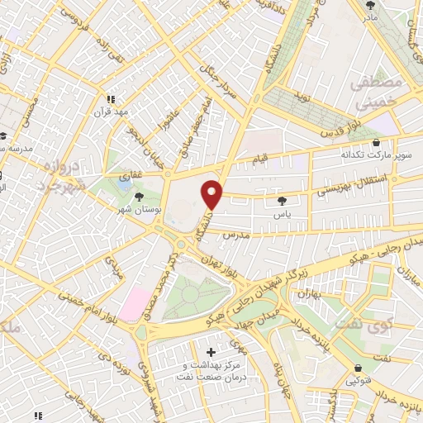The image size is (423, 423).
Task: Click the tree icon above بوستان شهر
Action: click(x=139, y=197)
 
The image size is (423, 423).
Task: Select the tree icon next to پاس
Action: click(x=283, y=200)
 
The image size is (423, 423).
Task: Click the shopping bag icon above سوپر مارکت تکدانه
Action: click(x=376, y=142)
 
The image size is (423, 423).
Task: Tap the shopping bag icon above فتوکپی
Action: click(x=358, y=368)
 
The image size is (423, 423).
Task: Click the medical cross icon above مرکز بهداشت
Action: click(x=211, y=352)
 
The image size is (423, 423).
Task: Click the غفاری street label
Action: click(x=132, y=175)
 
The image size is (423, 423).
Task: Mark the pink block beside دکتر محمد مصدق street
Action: click(x=136, y=302)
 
